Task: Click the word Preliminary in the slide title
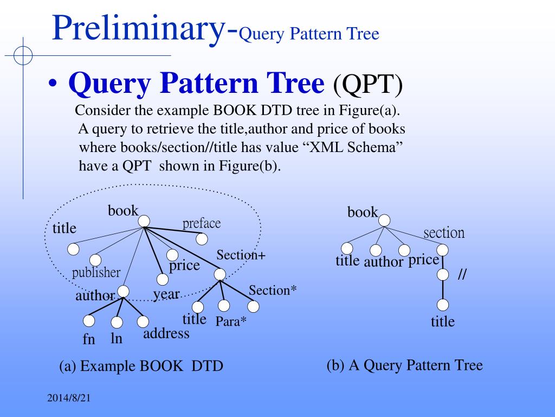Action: (x=138, y=29)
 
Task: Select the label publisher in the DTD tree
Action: (x=96, y=272)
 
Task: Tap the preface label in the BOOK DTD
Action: (x=202, y=223)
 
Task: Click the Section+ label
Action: (x=241, y=255)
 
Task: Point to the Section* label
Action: (x=273, y=290)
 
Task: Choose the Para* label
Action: (x=231, y=321)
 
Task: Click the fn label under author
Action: (x=89, y=340)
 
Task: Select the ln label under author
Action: (x=117, y=338)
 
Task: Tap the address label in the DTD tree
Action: (x=166, y=333)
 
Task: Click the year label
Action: (x=166, y=294)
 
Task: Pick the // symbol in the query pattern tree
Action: (x=462, y=275)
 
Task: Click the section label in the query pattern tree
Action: (x=444, y=233)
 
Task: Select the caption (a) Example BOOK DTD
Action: (x=141, y=366)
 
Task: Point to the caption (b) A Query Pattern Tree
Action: (x=404, y=365)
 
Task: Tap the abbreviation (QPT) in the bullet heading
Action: (x=368, y=85)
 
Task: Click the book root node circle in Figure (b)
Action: (x=384, y=220)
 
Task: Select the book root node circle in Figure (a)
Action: (x=144, y=221)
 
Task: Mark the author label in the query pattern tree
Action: (x=384, y=262)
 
